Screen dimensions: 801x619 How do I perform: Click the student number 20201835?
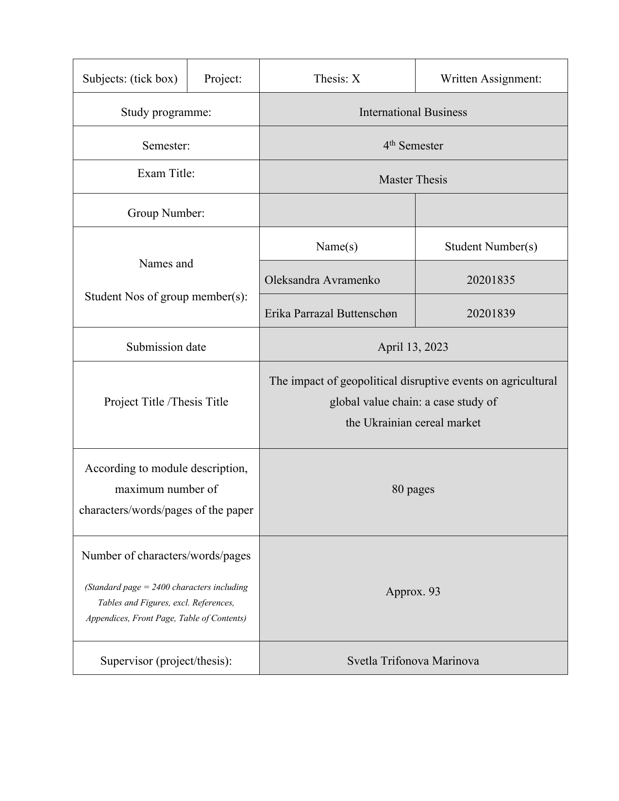point(491,280)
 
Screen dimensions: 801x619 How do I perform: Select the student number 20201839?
point(491,313)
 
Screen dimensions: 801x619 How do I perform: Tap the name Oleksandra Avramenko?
point(322,280)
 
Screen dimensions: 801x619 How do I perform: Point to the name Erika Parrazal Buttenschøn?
point(331,313)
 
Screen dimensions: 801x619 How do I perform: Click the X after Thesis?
point(356,79)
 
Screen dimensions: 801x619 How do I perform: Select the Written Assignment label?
point(491,79)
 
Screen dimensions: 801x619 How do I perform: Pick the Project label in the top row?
point(223,79)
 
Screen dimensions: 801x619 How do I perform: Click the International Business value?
point(413,112)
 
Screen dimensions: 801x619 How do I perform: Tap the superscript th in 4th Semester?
point(393,143)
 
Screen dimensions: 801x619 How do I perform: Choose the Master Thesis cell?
point(413,180)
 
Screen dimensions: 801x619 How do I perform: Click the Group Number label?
point(166,213)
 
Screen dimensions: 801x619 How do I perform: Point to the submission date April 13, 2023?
point(413,347)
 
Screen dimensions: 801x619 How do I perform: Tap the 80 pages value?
point(413,489)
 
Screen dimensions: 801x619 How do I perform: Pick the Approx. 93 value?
point(413,591)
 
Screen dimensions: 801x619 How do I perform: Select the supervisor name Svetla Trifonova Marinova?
point(413,661)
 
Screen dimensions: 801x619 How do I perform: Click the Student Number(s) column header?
point(491,246)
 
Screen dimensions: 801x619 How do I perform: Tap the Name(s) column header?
point(337,246)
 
